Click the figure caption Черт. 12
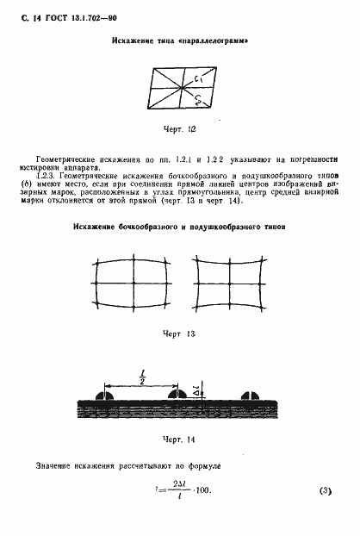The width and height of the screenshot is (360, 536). click(180, 128)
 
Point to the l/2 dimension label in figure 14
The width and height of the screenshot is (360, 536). click(141, 377)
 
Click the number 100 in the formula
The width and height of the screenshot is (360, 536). click(203, 491)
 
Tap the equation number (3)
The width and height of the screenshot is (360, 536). click(325, 491)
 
